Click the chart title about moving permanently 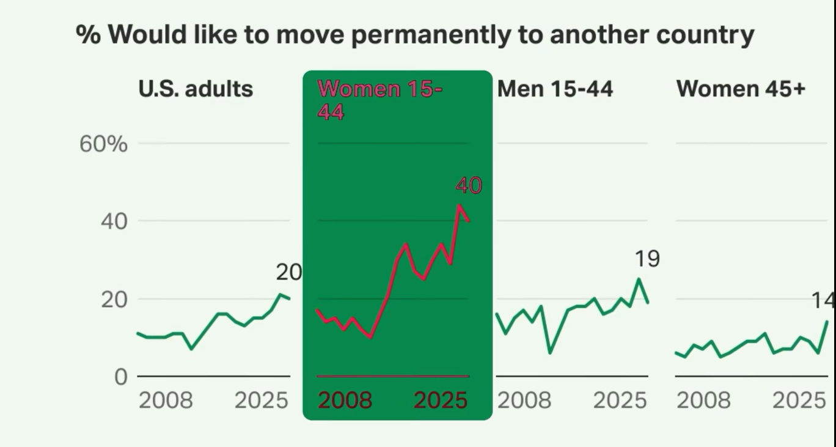click(415, 34)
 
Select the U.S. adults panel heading click(196, 89)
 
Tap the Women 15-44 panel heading click(380, 100)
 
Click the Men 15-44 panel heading click(555, 89)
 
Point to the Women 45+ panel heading click(741, 89)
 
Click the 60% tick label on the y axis click(103, 144)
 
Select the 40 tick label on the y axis click(114, 221)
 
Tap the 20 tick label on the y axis click(114, 299)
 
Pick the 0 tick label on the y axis click(120, 377)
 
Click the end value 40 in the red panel click(469, 185)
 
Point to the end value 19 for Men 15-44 click(647, 259)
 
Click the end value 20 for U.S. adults click(288, 272)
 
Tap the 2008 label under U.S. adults click(166, 401)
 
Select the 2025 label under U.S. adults click(261, 401)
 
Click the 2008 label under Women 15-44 click(345, 401)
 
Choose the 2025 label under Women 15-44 click(441, 401)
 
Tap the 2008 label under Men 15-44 click(524, 401)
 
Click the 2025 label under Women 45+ click(799, 401)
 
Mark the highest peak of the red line click(459, 205)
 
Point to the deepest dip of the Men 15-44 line click(550, 353)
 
